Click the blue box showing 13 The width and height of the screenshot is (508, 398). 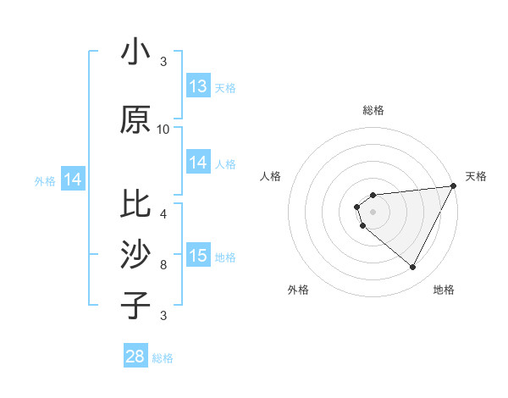(x=198, y=86)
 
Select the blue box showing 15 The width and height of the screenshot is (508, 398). (x=198, y=256)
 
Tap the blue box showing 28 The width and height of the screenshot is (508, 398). (x=135, y=357)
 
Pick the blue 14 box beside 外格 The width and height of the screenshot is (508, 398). (x=73, y=180)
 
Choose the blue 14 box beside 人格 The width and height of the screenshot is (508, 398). (x=198, y=163)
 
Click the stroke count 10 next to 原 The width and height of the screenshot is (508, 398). (x=163, y=130)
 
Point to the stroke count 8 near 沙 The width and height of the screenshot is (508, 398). (x=163, y=265)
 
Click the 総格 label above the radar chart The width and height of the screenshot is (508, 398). (x=373, y=110)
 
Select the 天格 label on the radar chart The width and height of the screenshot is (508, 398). (x=476, y=176)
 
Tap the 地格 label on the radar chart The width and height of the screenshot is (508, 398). (x=444, y=290)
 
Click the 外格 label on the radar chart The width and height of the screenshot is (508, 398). (x=298, y=290)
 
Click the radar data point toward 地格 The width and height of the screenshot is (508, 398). (x=413, y=268)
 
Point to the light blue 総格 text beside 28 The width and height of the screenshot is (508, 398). (x=163, y=358)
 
